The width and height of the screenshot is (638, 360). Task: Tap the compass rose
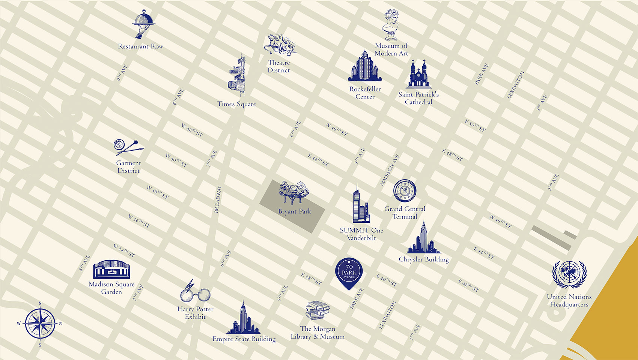click(x=40, y=323)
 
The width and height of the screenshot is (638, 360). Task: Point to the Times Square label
click(x=236, y=104)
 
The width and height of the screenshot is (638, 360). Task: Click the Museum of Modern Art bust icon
click(x=391, y=25)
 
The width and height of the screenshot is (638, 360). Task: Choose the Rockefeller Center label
click(x=365, y=93)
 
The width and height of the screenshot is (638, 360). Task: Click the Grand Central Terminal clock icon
click(x=405, y=190)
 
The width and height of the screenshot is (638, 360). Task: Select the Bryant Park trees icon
click(x=294, y=193)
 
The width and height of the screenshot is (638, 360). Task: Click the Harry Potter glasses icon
click(x=195, y=292)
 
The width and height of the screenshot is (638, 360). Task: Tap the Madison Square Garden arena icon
click(x=111, y=269)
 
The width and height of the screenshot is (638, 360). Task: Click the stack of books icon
click(x=317, y=310)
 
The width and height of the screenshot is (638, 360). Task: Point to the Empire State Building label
click(x=244, y=339)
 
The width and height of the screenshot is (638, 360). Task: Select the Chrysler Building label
click(x=424, y=259)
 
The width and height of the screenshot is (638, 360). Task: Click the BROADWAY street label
click(x=218, y=199)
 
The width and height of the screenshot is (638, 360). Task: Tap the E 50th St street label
click(x=475, y=126)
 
